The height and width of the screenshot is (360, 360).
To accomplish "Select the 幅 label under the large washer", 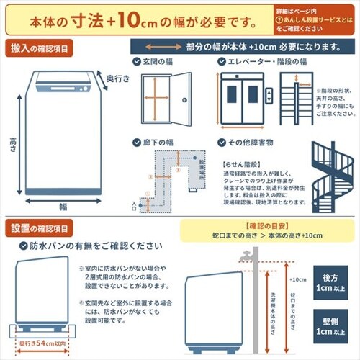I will (x=63, y=206).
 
